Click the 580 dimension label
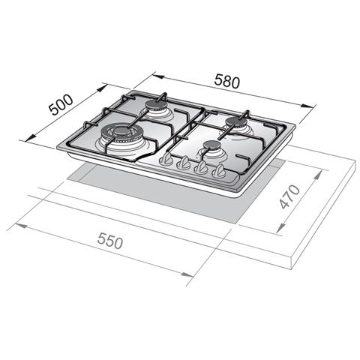click(x=227, y=81)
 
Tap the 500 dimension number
click(x=61, y=104)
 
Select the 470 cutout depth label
click(x=289, y=196)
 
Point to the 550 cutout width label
click(x=110, y=241)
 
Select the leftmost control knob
click(x=166, y=159)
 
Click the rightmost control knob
click(x=219, y=171)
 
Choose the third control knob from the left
click(x=201, y=167)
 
